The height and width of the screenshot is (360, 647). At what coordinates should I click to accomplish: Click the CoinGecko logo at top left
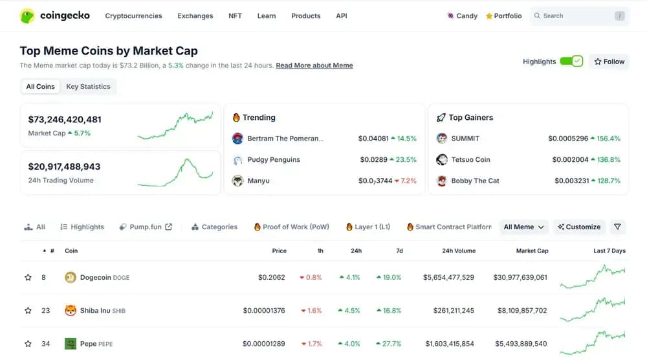point(55,16)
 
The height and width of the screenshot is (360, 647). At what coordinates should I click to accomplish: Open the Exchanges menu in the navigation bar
point(195,16)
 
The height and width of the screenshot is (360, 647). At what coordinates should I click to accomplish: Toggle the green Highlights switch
point(571,62)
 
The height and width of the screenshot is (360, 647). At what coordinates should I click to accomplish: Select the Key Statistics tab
point(88,87)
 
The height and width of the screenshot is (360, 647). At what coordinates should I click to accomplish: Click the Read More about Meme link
point(314,65)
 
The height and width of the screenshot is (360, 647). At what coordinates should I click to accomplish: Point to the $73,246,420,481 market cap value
point(65,120)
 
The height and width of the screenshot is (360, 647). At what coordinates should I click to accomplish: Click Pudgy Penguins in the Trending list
point(274,160)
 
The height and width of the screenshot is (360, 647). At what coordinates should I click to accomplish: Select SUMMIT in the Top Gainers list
point(465,139)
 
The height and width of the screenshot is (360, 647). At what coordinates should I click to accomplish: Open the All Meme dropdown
point(524,227)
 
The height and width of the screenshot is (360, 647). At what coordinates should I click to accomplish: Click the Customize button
point(579,227)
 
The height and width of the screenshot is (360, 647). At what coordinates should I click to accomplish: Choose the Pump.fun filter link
point(146,227)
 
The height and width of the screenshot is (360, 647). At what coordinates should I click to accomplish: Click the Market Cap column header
point(532,251)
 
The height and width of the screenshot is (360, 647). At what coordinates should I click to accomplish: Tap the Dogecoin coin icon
point(71,278)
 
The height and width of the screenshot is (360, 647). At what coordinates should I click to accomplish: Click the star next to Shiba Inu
point(28,311)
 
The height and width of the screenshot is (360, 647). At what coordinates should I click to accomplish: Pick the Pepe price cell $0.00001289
point(264,344)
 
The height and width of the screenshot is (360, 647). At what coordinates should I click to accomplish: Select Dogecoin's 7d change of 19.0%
point(388,278)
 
